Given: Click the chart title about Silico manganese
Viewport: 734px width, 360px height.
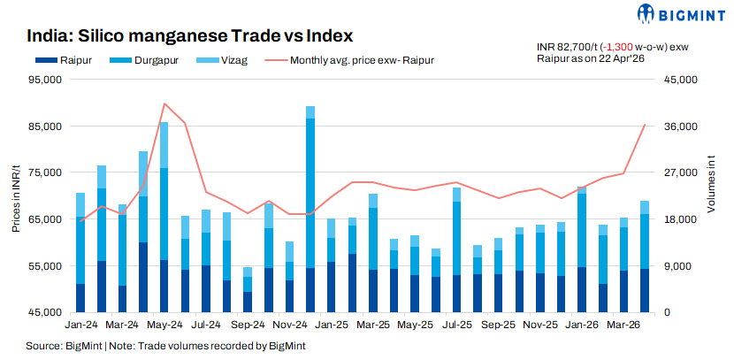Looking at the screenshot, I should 189,36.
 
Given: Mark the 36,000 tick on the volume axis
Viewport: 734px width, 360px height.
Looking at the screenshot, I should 669,126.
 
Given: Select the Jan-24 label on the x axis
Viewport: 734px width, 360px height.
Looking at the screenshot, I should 80,325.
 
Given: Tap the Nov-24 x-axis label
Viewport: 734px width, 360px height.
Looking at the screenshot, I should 289,325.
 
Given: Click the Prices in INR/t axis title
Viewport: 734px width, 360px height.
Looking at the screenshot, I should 16,196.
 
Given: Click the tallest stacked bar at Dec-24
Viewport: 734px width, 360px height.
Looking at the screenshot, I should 310,209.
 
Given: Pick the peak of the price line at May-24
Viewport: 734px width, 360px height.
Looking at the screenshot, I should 164,103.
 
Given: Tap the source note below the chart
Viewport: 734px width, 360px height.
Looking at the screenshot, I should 165,346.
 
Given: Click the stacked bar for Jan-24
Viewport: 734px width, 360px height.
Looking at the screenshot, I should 80,252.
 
